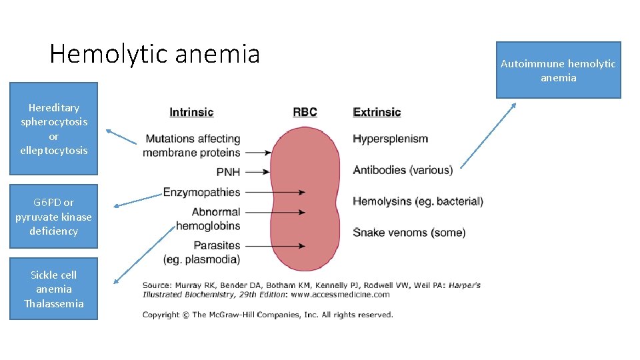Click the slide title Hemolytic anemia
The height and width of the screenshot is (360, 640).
point(155,54)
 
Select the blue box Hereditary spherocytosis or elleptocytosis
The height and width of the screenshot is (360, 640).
point(53,129)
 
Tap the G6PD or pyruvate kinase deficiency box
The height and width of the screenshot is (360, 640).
point(53,216)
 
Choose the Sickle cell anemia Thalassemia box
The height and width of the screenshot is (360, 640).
point(53,289)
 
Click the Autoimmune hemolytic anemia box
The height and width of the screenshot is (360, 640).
point(558,70)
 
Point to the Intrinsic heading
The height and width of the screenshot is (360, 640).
point(191,112)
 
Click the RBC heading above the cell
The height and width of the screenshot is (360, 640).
point(305,112)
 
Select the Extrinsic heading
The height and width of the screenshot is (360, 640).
point(377,112)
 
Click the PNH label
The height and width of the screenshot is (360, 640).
point(228,172)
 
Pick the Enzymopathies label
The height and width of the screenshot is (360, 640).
point(201,192)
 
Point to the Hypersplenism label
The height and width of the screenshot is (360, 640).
point(390,139)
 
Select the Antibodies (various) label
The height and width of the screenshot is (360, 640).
point(403,170)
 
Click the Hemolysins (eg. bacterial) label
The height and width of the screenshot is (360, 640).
point(418,201)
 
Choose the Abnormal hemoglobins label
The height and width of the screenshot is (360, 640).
point(208,219)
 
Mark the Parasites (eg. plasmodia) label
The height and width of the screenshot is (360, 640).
point(201,252)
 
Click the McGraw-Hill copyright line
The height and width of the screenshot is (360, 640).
point(268,315)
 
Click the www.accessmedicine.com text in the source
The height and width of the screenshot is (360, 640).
point(340,294)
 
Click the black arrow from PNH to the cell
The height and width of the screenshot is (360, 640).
point(257,172)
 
